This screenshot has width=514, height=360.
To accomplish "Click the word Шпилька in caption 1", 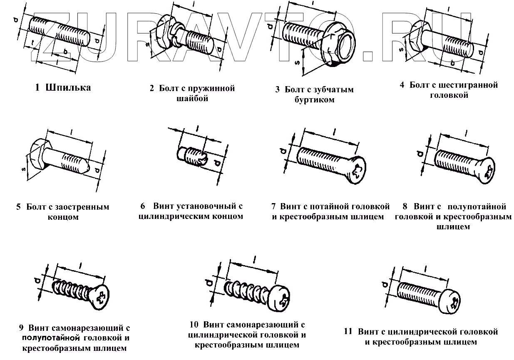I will point(69,88).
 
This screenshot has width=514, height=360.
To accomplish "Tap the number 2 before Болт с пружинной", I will point(152,89).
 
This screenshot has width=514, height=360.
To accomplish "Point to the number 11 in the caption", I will point(348,332).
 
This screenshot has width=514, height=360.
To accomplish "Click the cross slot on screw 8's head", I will point(488,172).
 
